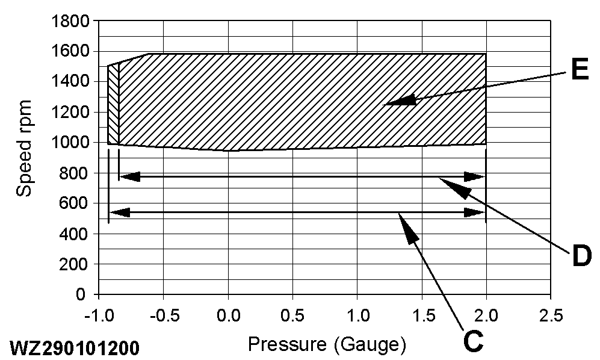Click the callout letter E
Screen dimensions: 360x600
tap(579, 71)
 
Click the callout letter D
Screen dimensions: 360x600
tap(581, 257)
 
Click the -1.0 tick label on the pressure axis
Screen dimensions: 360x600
tap(98, 315)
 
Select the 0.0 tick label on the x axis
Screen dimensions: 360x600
tap(228, 315)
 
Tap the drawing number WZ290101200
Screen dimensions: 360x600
tap(73, 349)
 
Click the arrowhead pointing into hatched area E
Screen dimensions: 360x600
tap(400, 101)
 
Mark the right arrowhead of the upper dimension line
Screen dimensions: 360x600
tap(475, 176)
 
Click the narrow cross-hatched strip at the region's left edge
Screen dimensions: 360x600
tap(113, 105)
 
